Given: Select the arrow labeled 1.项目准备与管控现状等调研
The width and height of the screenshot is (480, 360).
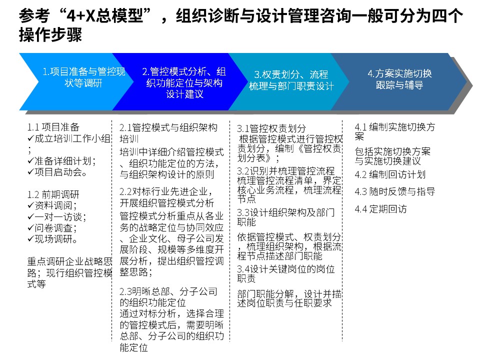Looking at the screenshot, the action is coord(76,81).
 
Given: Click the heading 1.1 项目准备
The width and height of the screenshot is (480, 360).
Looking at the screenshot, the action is coord(53,126).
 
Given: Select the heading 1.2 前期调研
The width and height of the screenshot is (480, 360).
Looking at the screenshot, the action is coord(53,194).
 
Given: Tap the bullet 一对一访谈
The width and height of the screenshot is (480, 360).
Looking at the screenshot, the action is coord(57,216).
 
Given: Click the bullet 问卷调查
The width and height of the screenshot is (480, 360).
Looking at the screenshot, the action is coord(52,228).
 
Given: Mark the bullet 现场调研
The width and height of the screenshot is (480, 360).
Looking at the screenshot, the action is coord(52,239).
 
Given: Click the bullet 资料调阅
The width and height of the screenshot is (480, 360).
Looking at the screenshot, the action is coord(52,205).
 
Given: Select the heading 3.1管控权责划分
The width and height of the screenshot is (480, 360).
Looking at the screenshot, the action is coord(271,128).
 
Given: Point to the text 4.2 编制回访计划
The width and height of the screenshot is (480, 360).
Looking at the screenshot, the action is coord(390,174).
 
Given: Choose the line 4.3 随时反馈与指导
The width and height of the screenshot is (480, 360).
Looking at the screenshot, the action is coord(395,191).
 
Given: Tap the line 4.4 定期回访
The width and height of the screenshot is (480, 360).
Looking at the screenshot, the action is coord(380,209).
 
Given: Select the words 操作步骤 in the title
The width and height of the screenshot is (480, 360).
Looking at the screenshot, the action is coord(50,34).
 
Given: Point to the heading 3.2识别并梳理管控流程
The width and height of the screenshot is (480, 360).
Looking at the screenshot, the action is coord(286,171).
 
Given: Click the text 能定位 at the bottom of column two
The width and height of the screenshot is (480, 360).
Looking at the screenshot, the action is coord(134,347).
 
